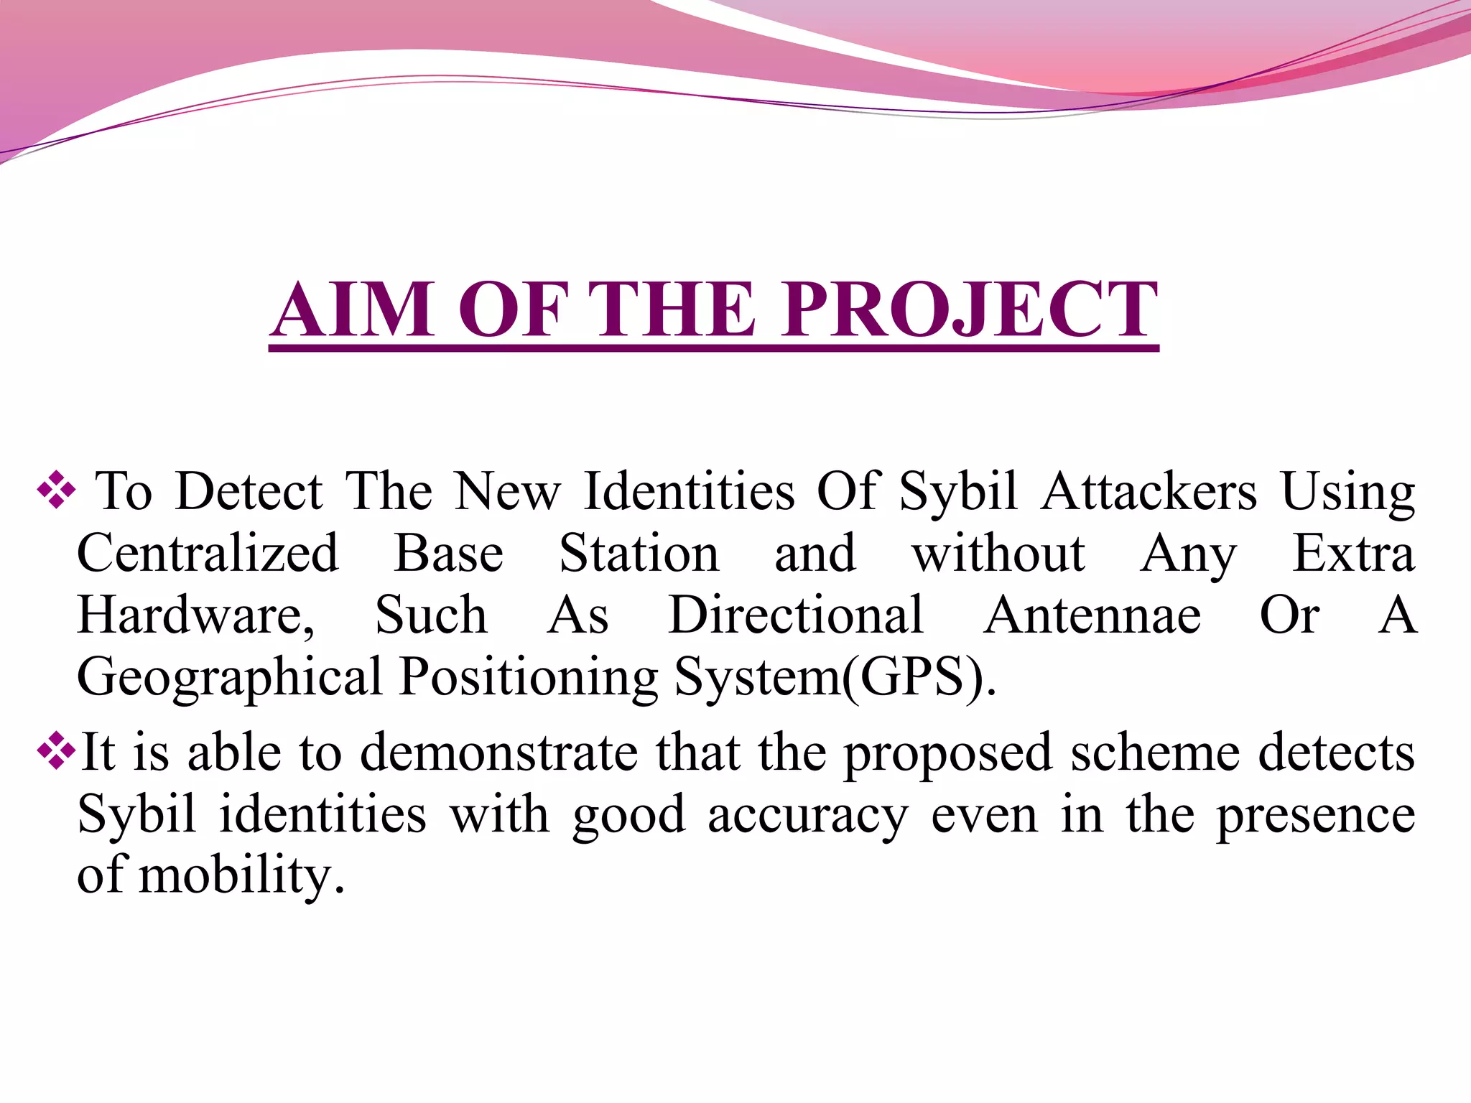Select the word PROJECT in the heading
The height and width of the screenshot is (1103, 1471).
[970, 310]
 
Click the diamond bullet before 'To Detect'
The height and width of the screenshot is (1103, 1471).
[57, 493]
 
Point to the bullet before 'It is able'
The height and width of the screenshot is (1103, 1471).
[57, 752]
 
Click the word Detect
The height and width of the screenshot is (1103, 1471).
[249, 493]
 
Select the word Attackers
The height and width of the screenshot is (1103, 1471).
[1149, 493]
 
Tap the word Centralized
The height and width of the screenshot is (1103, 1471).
[208, 554]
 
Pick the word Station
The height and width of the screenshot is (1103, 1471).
[639, 554]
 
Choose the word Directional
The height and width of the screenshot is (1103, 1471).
[796, 616]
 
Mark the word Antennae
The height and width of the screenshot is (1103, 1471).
[1092, 616]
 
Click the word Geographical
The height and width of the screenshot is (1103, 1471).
[230, 678]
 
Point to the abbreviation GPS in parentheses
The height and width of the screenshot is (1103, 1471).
[911, 678]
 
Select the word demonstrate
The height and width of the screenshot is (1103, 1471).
[498, 753]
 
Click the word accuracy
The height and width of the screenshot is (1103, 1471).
[807, 816]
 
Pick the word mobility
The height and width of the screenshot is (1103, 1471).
[236, 877]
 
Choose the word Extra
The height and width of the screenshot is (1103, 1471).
[1353, 554]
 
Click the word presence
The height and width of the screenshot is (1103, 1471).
[1315, 816]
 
